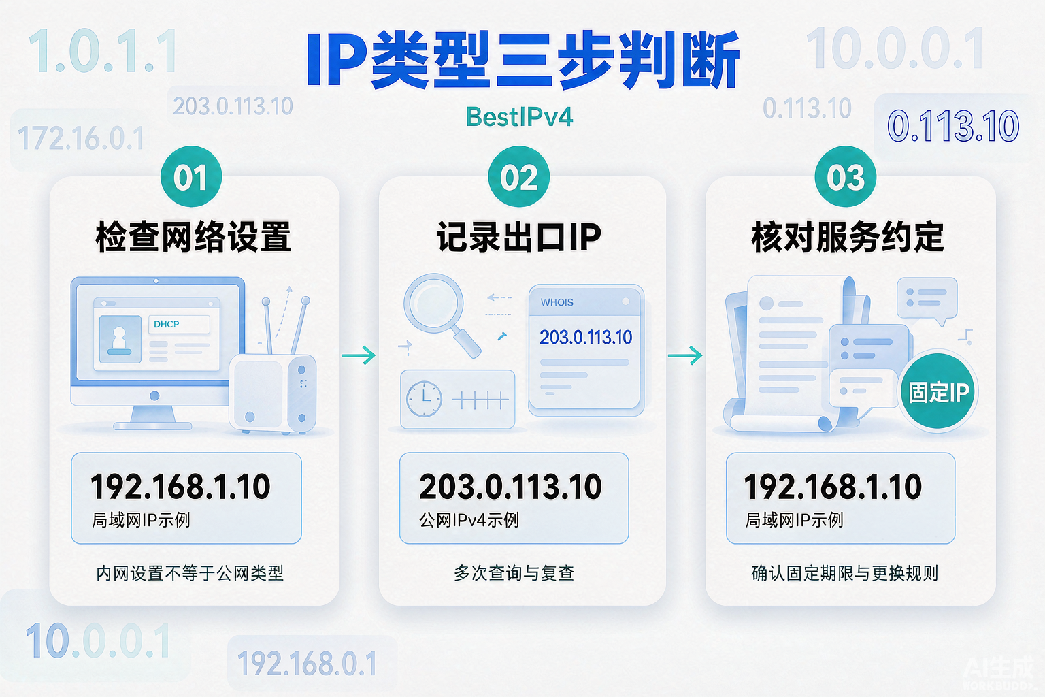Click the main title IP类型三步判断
[x=522, y=60]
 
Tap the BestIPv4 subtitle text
[x=519, y=116]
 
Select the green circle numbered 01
[x=190, y=176]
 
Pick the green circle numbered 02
[x=519, y=176]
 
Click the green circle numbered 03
[x=846, y=176]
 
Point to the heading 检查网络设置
[x=193, y=237]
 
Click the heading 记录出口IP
[x=519, y=237]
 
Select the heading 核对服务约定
[x=848, y=237]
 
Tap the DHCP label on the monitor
[x=167, y=324]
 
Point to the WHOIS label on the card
[x=557, y=302]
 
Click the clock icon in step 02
[x=424, y=399]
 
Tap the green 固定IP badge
[x=938, y=391]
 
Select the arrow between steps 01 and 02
[x=359, y=355]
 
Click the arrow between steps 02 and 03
[x=685, y=355]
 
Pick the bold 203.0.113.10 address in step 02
[x=510, y=487]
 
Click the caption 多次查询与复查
[x=514, y=573]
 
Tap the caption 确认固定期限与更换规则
[x=845, y=573]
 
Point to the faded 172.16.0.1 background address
[x=80, y=138]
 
